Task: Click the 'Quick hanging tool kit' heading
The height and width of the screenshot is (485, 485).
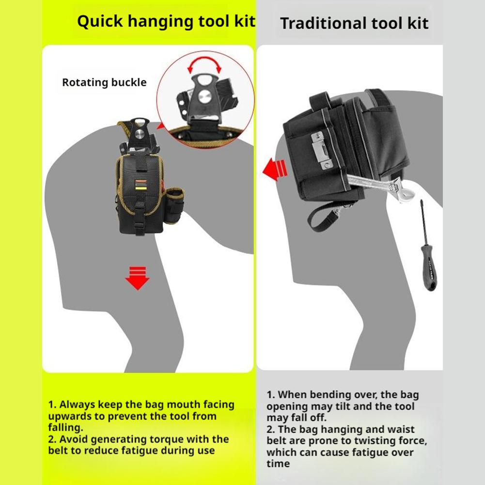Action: (x=166, y=22)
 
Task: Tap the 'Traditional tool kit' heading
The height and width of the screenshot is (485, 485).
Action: (x=354, y=23)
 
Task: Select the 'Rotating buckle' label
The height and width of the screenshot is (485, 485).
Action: (x=104, y=82)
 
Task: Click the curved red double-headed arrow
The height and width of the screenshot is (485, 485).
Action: (x=205, y=64)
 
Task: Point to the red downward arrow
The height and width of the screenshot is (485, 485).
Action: (x=137, y=278)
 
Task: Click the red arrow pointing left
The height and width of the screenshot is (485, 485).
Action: (x=275, y=170)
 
